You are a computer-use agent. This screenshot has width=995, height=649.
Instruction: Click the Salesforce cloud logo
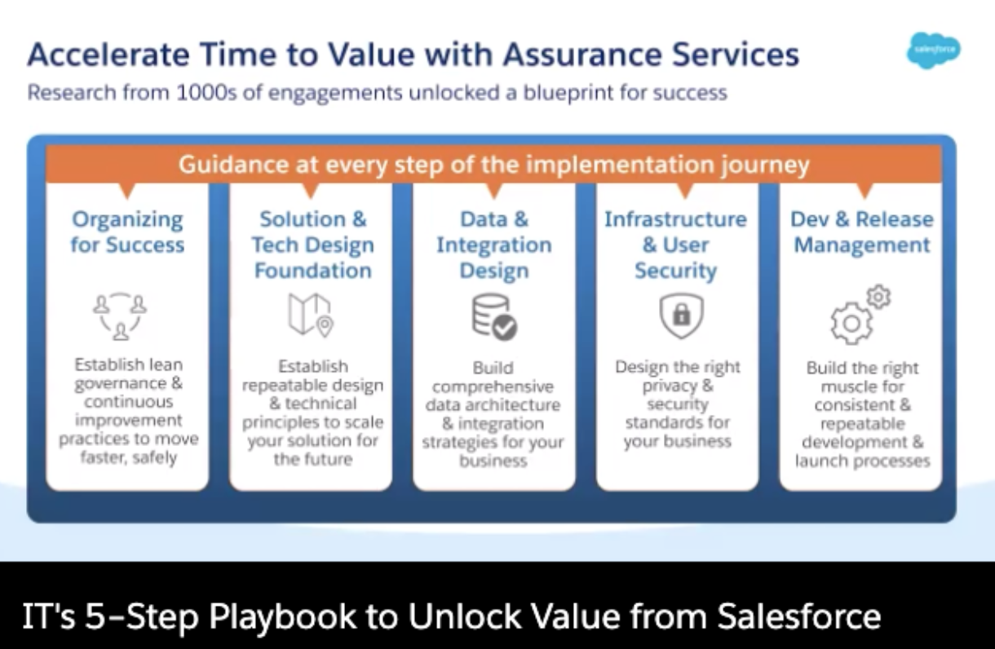tap(933, 51)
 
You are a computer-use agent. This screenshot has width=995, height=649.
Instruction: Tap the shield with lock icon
tap(681, 316)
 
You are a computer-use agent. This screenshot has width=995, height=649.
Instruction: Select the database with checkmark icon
tap(494, 316)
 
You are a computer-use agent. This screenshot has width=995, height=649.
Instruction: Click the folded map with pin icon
tap(311, 315)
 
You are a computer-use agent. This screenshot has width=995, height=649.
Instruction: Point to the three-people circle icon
tap(120, 316)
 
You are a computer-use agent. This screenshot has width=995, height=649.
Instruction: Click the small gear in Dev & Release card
tap(878, 297)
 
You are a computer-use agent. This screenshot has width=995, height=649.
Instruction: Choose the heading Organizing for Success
tap(127, 232)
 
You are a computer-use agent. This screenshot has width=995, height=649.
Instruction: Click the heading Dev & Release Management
tap(862, 232)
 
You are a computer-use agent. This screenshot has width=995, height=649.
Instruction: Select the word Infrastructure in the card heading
tap(675, 219)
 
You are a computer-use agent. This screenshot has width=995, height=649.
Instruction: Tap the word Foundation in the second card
tap(313, 271)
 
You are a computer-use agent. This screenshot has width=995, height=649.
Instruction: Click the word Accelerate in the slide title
tap(108, 55)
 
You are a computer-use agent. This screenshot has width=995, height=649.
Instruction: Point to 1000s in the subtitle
tap(206, 93)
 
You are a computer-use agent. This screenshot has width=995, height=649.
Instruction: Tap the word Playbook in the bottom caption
tap(282, 617)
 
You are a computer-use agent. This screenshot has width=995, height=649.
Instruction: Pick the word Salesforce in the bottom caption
tap(799, 616)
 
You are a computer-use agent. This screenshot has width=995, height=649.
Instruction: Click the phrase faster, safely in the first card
tap(129, 457)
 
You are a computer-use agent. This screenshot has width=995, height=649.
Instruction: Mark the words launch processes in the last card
tap(863, 461)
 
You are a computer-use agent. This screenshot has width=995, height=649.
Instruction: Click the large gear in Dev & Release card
tap(851, 324)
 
